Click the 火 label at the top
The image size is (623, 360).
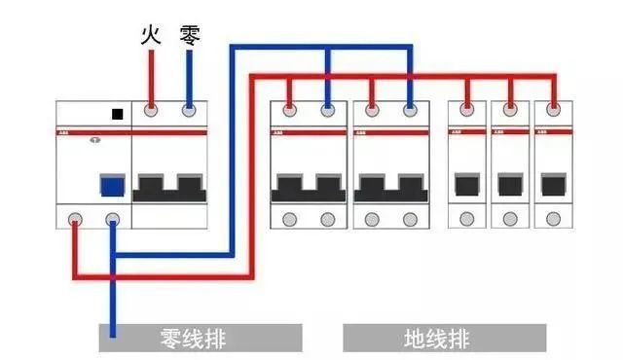(151, 37)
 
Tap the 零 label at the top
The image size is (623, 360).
(190, 37)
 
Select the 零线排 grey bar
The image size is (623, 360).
(199, 339)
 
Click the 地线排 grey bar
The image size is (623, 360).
(443, 339)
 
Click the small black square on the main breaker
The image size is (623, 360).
(119, 114)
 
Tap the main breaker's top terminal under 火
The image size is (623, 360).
(151, 110)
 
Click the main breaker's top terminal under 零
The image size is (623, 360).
(190, 110)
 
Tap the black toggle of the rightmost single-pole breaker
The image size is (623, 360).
(554, 184)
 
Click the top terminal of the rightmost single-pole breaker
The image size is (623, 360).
(554, 110)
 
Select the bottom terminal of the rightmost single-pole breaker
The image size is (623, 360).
(554, 219)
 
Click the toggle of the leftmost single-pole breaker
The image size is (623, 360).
(467, 184)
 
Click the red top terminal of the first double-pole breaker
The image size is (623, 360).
(289, 110)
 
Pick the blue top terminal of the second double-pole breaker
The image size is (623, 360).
(411, 110)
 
